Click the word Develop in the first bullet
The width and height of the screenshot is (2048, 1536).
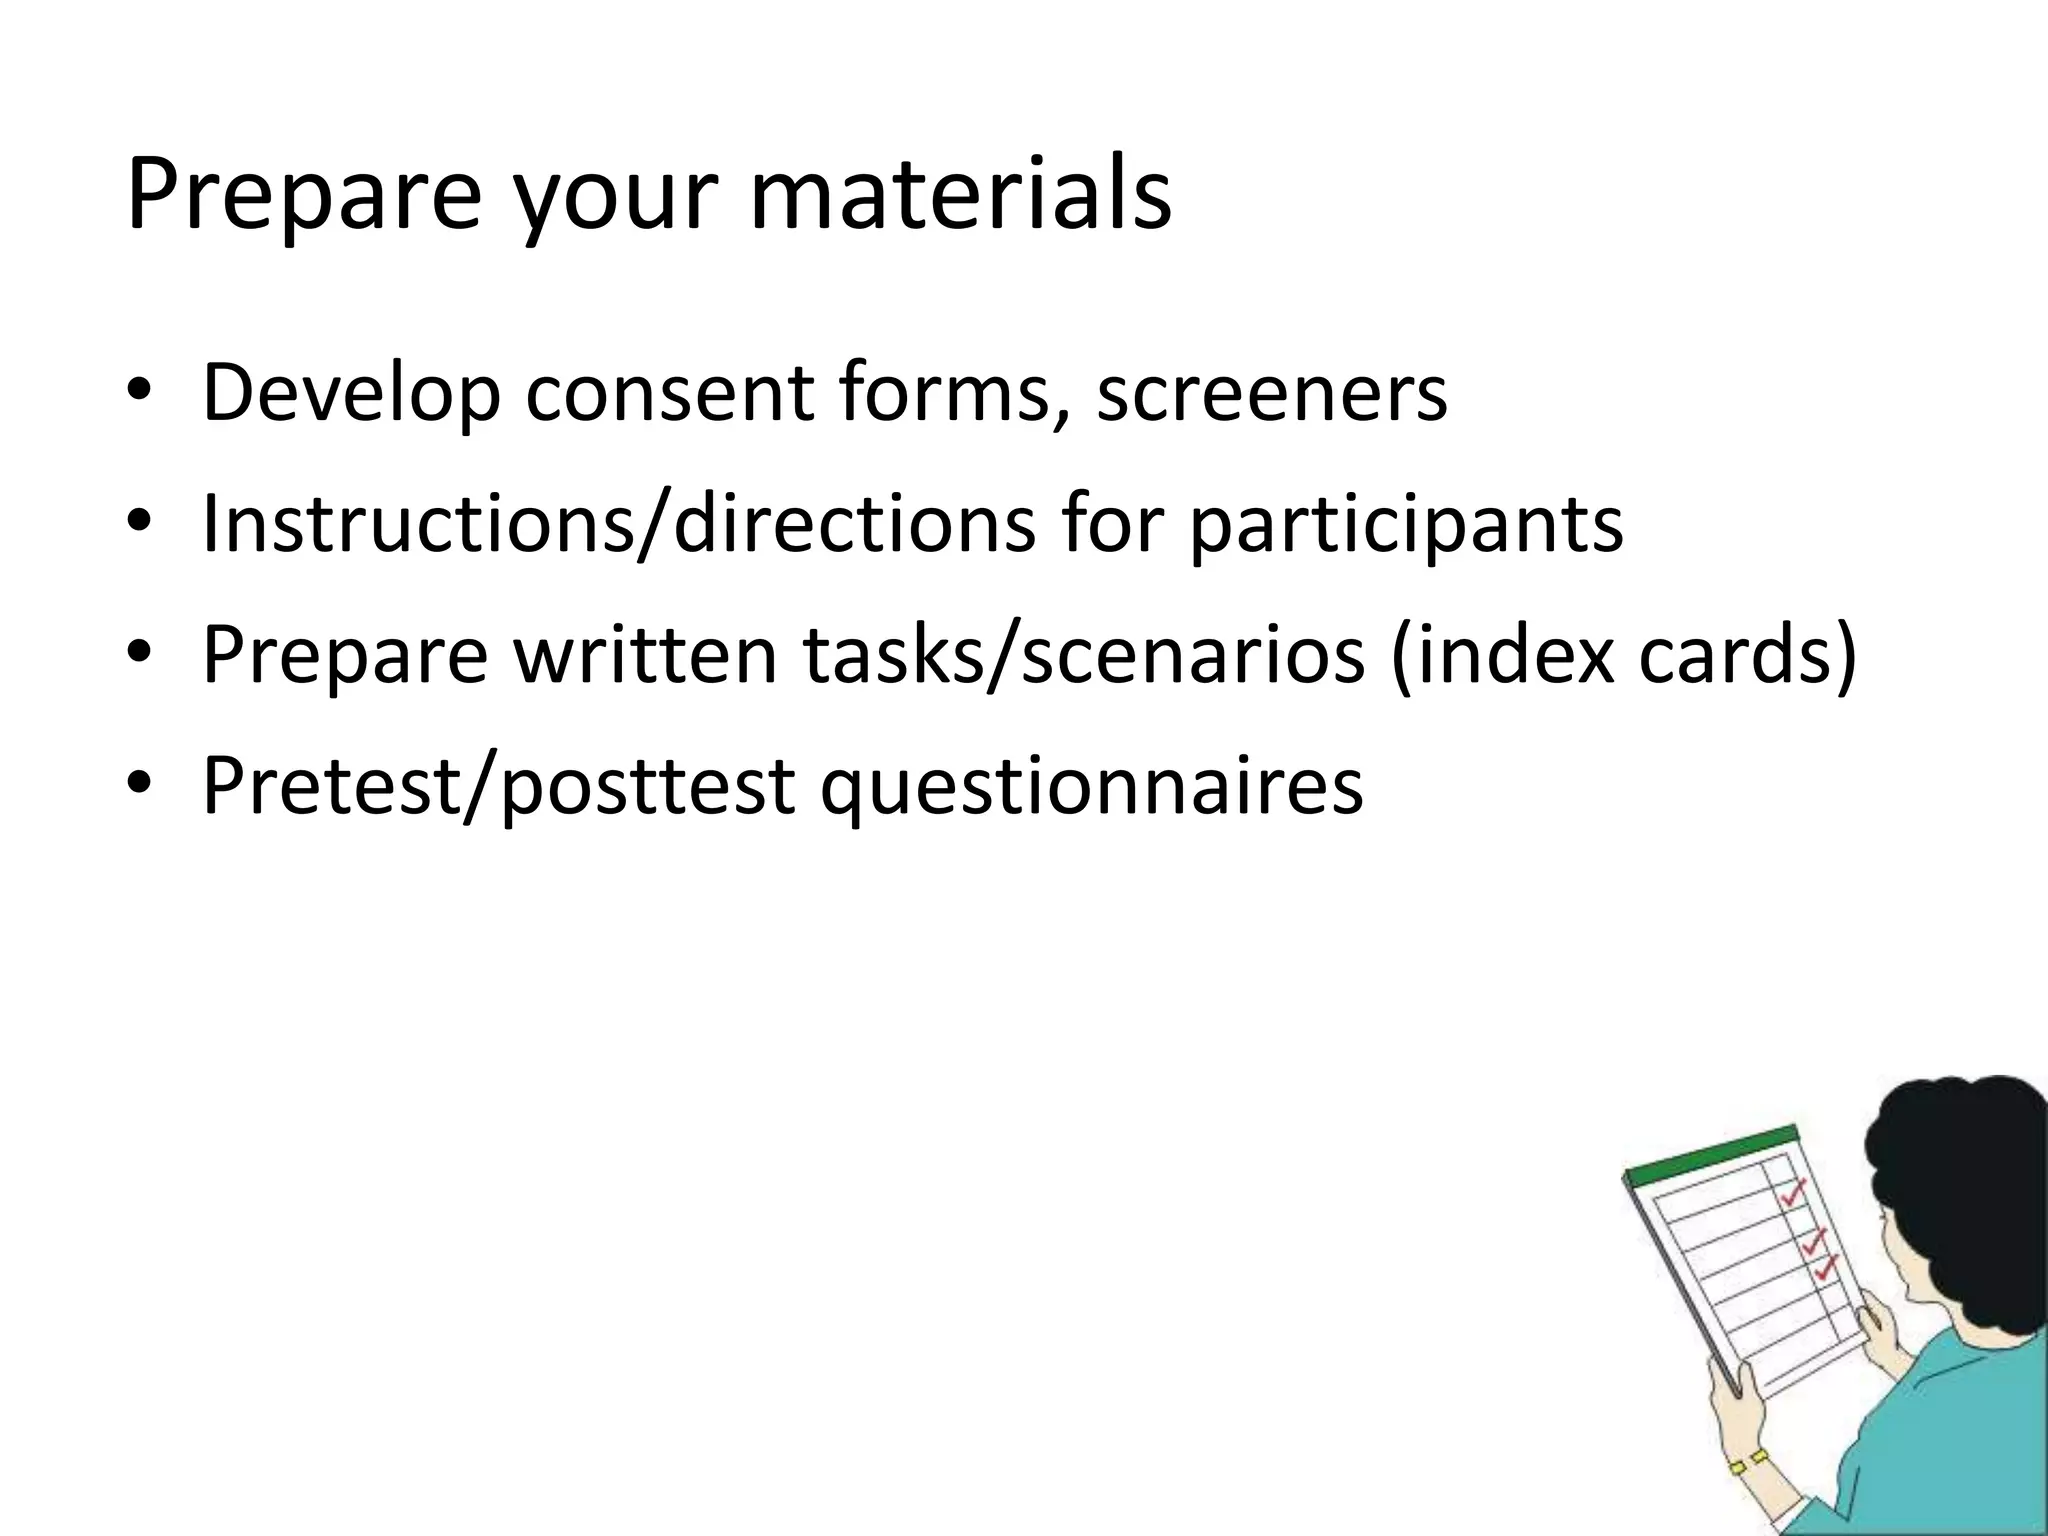pyautogui.click(x=350, y=392)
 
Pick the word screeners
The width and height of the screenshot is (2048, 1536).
pyautogui.click(x=1271, y=392)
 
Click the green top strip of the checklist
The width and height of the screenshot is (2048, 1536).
pyautogui.click(x=1710, y=1154)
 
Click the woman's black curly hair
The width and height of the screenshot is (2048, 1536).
pyautogui.click(x=1950, y=1160)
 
